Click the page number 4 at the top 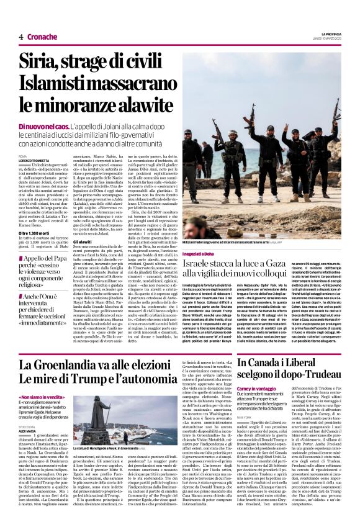[x=21, y=37]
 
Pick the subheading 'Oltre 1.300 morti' [x=37, y=233]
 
